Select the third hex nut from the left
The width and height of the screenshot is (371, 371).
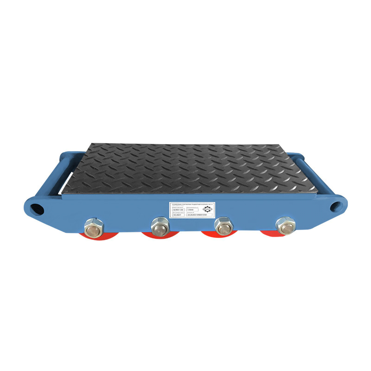[x=224, y=225]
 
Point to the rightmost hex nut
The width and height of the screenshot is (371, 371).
[x=286, y=225]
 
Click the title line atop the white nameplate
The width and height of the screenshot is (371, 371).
[x=192, y=204]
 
